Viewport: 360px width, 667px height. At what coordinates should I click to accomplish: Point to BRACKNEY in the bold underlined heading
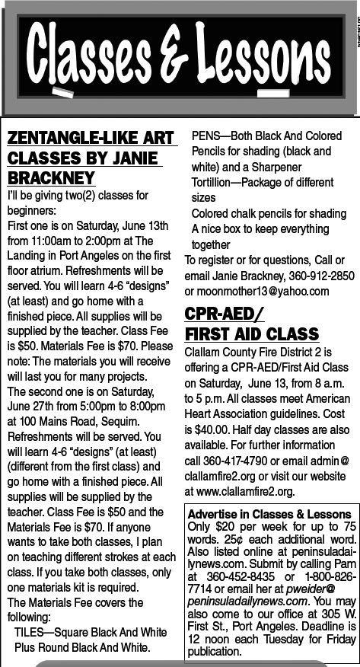click(51, 177)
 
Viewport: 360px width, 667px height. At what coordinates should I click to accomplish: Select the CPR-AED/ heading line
click(225, 314)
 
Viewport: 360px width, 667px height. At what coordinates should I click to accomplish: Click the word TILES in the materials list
click(30, 632)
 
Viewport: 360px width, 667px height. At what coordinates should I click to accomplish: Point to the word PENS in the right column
click(205, 136)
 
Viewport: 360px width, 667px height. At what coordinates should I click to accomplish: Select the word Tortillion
click(218, 183)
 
